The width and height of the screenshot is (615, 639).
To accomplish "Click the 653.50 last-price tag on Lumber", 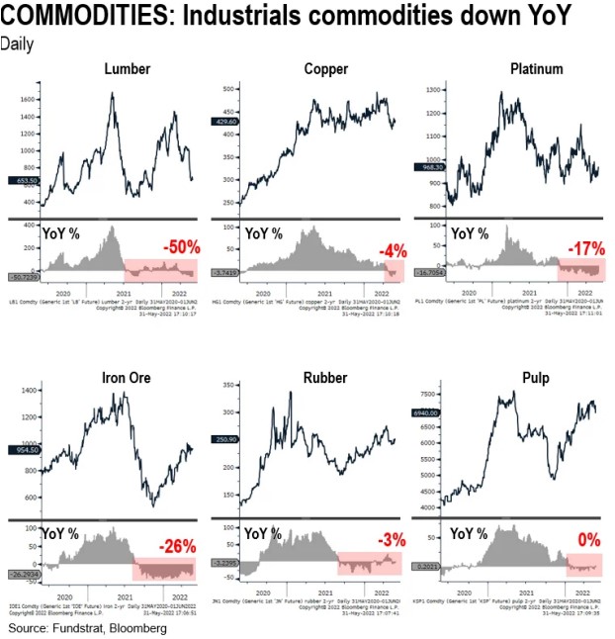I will point(23,181).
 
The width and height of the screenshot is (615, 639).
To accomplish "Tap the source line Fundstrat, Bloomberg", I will point(88,627).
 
